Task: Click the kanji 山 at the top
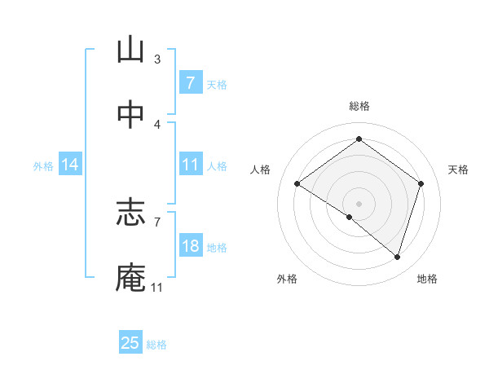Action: (x=130, y=51)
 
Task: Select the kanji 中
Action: (x=130, y=115)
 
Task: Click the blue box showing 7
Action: (x=190, y=82)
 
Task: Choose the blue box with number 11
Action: (x=190, y=165)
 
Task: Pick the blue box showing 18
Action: (x=190, y=246)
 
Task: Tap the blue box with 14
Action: (x=70, y=165)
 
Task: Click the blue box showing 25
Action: (x=130, y=343)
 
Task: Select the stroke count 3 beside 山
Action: (x=157, y=59)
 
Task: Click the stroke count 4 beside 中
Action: (x=157, y=124)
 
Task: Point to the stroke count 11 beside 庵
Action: (x=156, y=287)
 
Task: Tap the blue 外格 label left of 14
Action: (x=43, y=165)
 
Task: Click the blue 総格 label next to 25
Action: (x=156, y=345)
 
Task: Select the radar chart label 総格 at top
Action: (x=359, y=106)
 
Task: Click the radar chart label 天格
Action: (x=458, y=169)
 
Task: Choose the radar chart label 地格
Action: (x=427, y=279)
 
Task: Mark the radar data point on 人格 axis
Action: (x=297, y=184)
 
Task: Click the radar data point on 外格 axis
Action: (x=350, y=217)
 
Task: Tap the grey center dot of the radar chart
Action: (x=359, y=202)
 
